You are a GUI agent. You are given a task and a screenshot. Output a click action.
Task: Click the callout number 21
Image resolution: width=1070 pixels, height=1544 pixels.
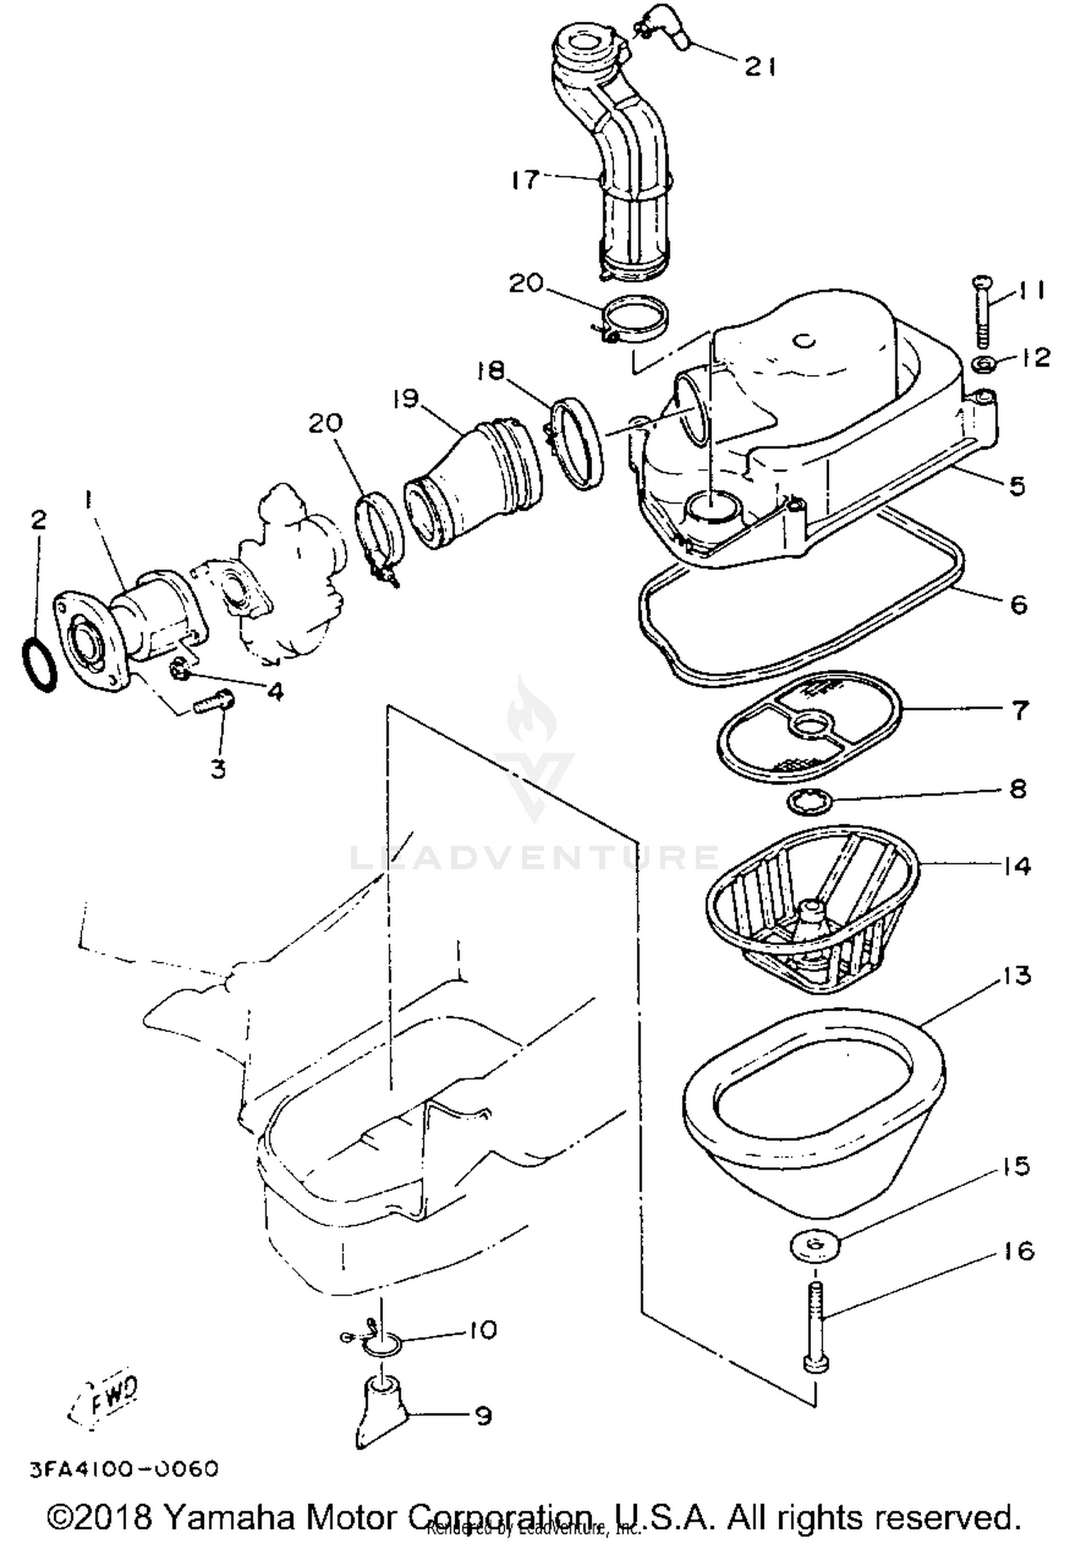pos(760,67)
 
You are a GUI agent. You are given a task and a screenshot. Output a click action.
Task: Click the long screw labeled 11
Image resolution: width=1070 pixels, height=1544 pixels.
pos(982,312)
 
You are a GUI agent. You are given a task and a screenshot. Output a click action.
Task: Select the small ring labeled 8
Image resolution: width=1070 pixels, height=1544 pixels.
pos(809,803)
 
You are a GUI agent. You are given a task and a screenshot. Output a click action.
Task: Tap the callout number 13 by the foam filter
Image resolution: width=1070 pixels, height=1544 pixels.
pos(1017,976)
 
